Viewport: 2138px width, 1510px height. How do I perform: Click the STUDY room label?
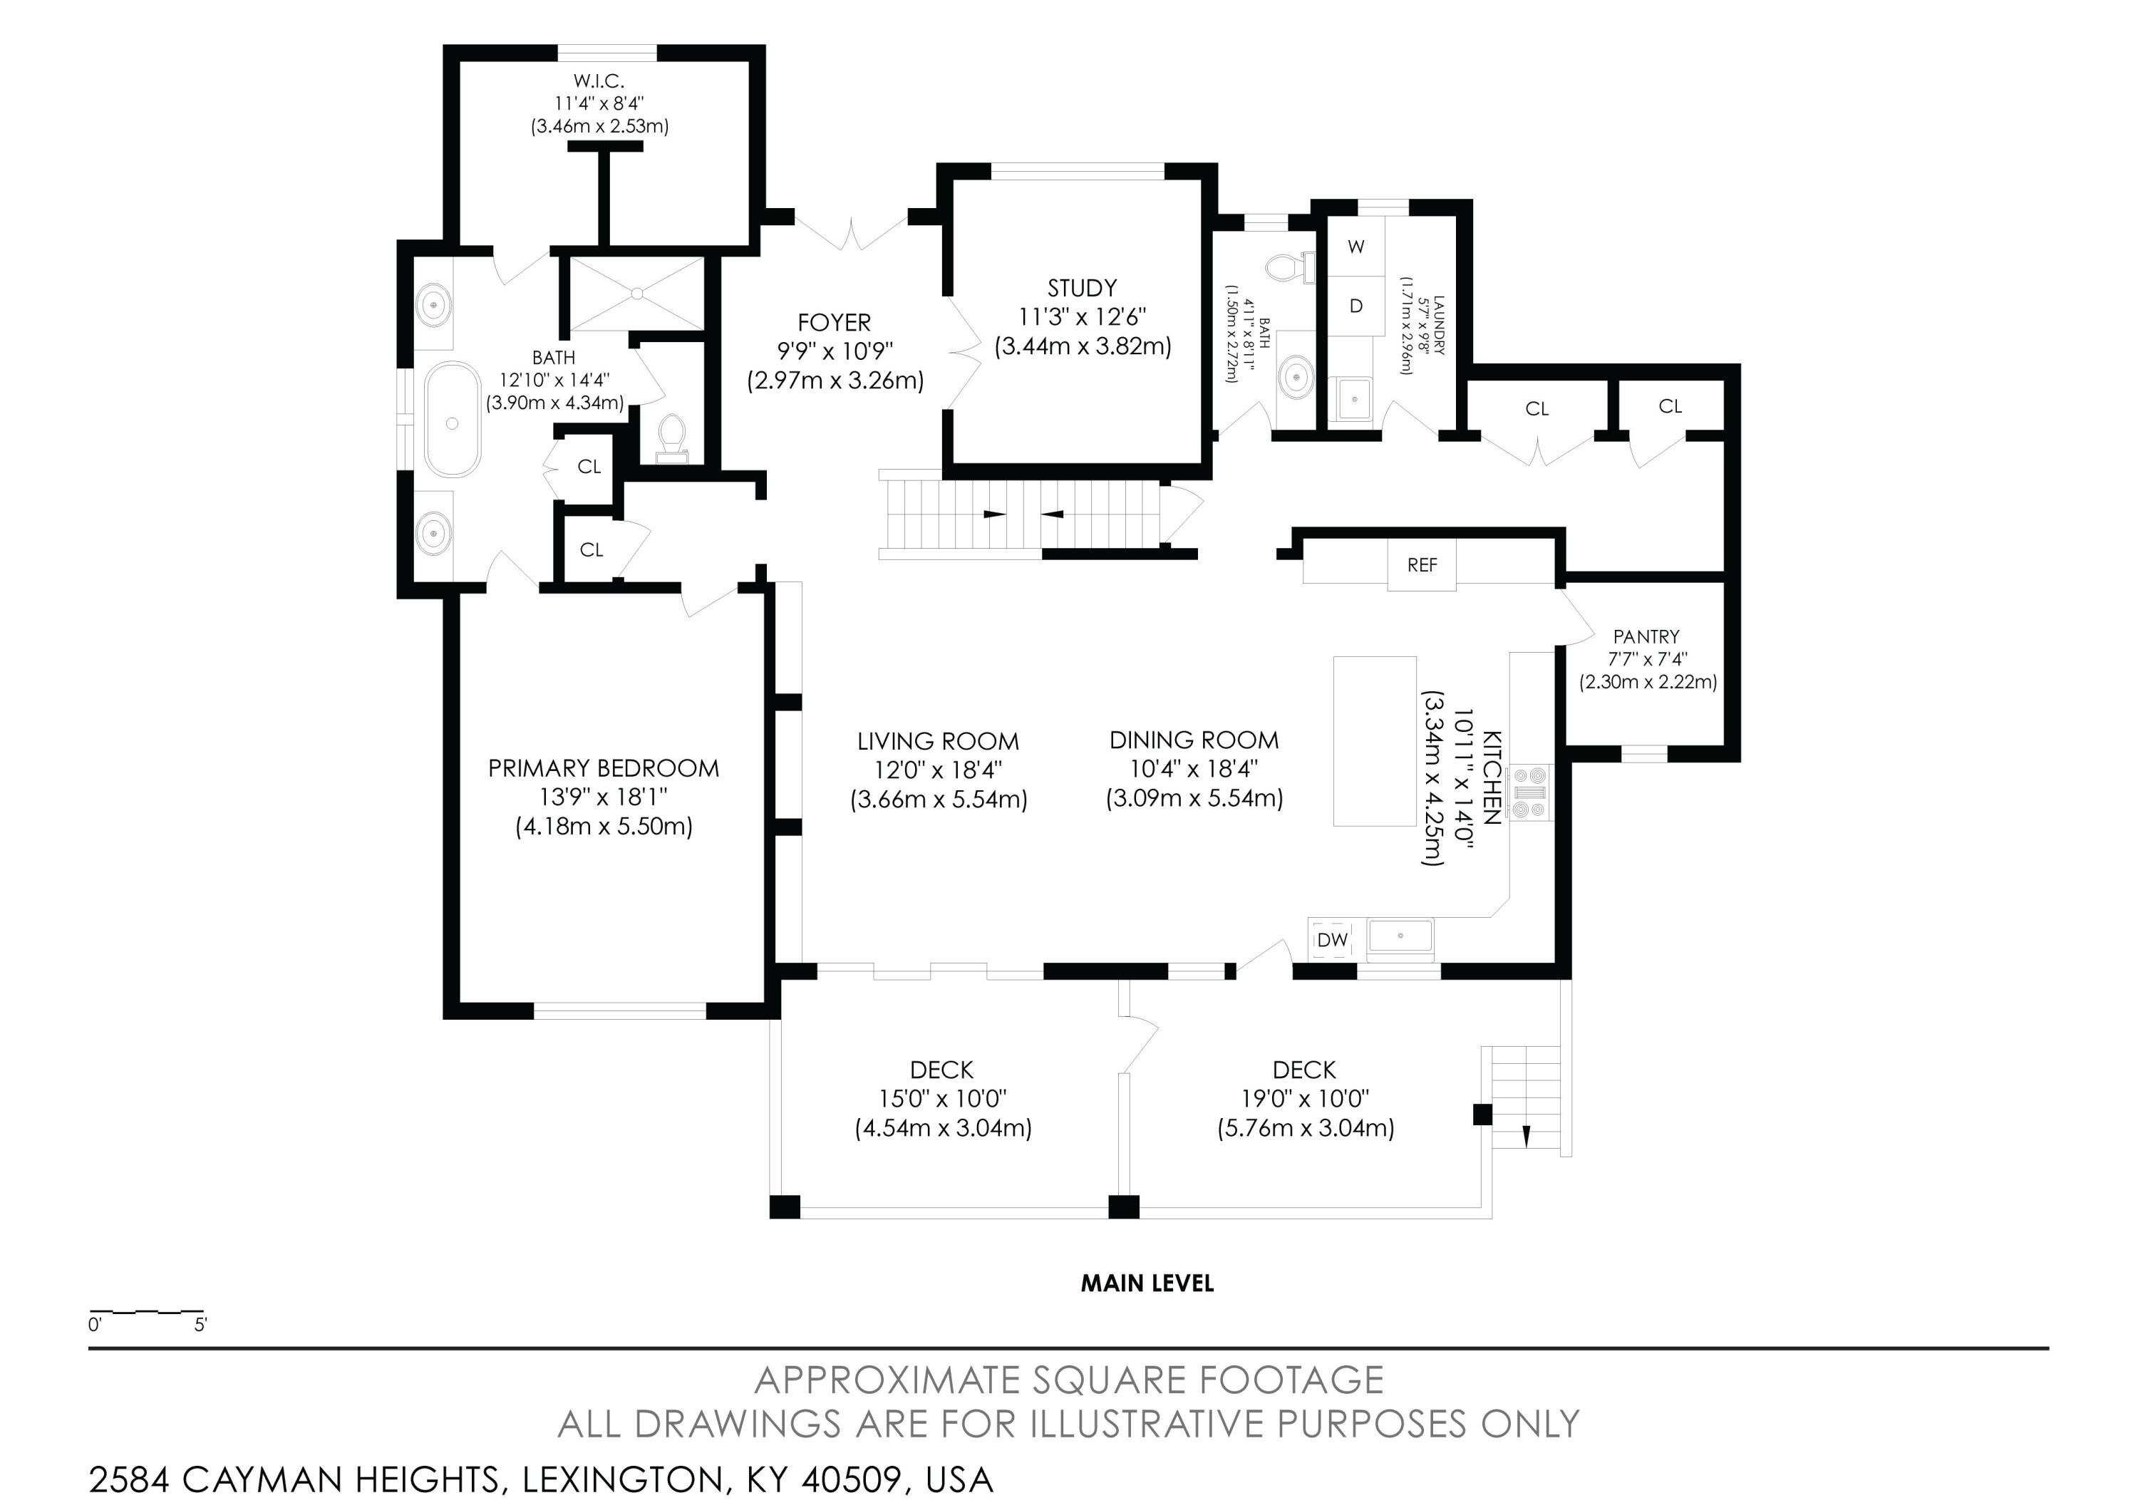pyautogui.click(x=1081, y=288)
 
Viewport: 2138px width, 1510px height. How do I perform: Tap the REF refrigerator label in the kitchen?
pyautogui.click(x=1422, y=565)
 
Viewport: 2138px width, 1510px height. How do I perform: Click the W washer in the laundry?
pyautogui.click(x=1355, y=247)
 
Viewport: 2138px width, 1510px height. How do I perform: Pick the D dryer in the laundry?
pyautogui.click(x=1355, y=306)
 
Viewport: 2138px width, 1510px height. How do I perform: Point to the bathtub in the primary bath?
pyautogui.click(x=453, y=420)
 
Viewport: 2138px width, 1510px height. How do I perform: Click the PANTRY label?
pyautogui.click(x=1646, y=637)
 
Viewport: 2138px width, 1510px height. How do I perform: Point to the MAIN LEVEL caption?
pyautogui.click(x=1147, y=1284)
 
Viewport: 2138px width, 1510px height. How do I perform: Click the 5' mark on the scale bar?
pyautogui.click(x=200, y=1325)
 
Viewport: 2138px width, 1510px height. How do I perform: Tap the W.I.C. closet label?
pyautogui.click(x=599, y=82)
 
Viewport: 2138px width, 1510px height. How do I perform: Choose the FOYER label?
pyautogui.click(x=835, y=323)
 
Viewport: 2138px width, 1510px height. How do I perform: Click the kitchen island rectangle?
pyautogui.click(x=1375, y=741)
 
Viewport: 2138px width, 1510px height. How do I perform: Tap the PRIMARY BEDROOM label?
pyautogui.click(x=604, y=769)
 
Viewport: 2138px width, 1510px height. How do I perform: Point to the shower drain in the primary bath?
pyautogui.click(x=637, y=294)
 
